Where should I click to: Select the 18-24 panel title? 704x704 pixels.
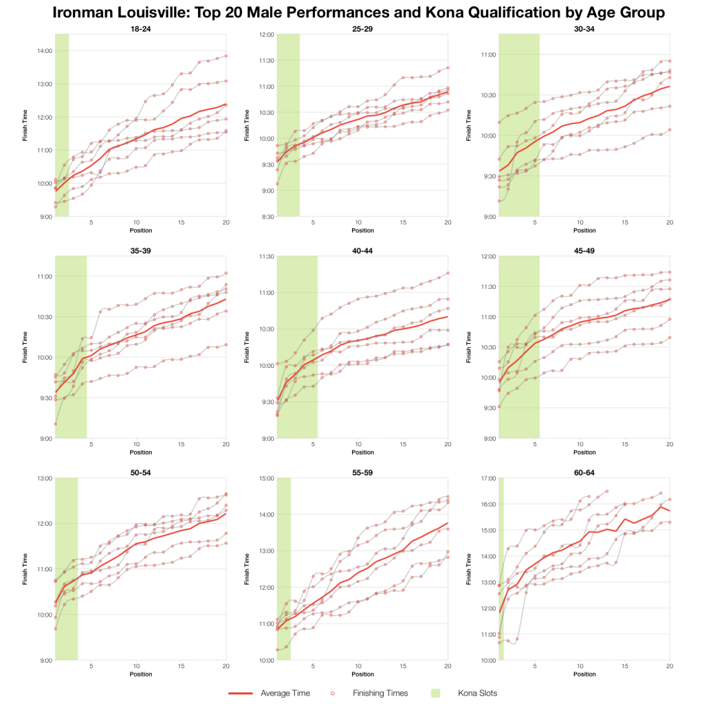pos(140,28)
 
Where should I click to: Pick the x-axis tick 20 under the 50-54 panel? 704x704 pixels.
pos(226,666)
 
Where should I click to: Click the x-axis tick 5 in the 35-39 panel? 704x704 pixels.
pos(91,444)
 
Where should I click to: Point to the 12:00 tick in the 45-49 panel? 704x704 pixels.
pos(489,256)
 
